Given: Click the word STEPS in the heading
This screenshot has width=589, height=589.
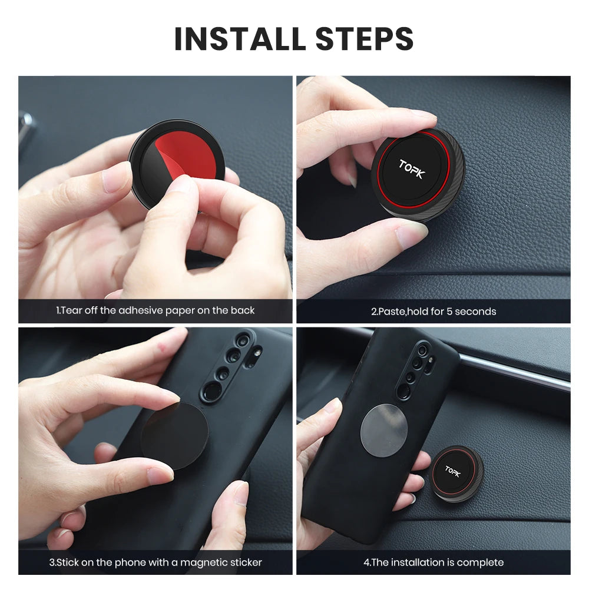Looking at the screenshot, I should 364,38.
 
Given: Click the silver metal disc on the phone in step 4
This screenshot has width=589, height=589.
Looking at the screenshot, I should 384,431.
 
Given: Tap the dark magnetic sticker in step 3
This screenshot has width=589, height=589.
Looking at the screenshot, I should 174,436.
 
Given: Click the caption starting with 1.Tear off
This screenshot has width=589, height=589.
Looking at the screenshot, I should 155,310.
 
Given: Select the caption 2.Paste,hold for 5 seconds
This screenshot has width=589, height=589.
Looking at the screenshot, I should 433,311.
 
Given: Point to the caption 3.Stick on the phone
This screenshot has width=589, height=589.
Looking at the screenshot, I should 155,562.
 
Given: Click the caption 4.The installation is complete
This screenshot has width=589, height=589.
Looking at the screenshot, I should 433,562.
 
